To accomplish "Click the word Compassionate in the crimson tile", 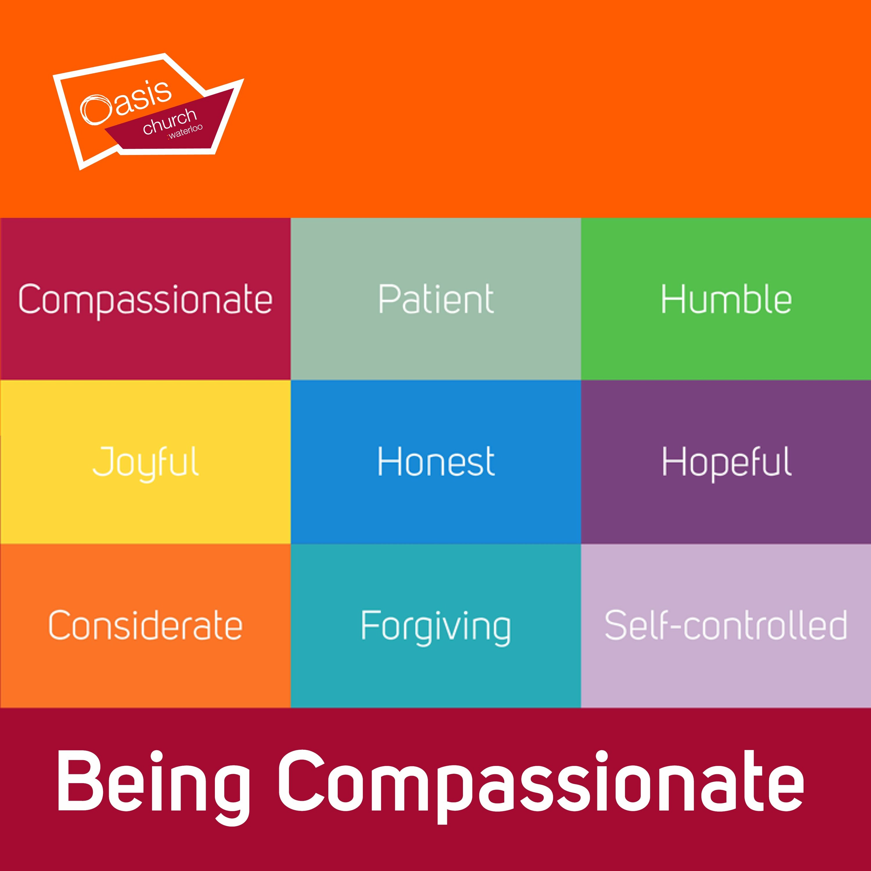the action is [x=145, y=300].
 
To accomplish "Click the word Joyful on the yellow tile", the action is [x=146, y=463].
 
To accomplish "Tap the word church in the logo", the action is [x=170, y=121].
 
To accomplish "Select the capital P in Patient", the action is [x=389, y=298].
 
